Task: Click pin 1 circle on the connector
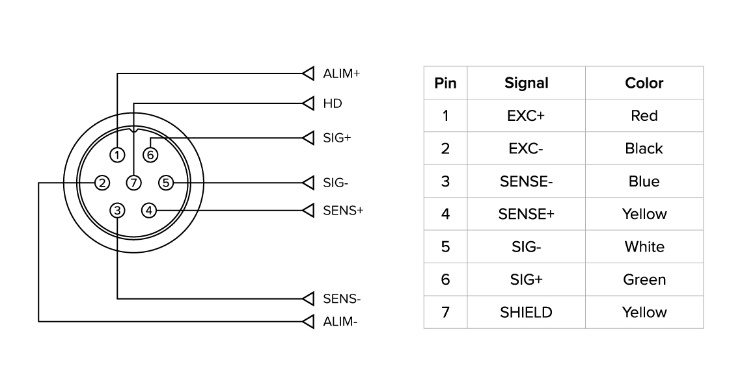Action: coord(117,155)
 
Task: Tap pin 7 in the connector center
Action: coord(133,183)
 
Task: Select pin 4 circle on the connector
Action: coord(150,210)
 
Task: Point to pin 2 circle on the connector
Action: coord(102,183)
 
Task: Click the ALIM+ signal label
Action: coord(341,73)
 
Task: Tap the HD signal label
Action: coord(332,103)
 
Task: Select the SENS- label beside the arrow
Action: coord(342,299)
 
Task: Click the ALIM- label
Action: coord(340,321)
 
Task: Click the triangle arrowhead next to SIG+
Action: coord(309,138)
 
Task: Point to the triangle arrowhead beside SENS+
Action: coord(309,210)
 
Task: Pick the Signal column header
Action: coord(526,83)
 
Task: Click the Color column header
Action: coord(644,83)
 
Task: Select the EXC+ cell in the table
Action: coord(526,116)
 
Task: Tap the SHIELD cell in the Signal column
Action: coord(526,313)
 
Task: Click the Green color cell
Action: coord(644,279)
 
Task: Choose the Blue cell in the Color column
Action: coord(644,181)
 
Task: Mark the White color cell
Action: coord(644,247)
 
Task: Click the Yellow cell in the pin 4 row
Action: coord(644,214)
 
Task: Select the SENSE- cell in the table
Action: coord(526,181)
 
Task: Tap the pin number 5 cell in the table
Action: coord(445,247)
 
